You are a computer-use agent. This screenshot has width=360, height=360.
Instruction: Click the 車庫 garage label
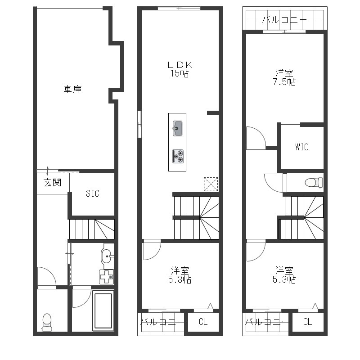pos(72,89)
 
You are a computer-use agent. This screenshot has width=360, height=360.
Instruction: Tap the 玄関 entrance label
pos(53,183)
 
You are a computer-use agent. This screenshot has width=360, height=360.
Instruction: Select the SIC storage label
pos(93,193)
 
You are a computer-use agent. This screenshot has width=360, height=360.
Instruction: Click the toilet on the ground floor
pos(47,322)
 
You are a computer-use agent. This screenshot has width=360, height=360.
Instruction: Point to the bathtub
pos(103,310)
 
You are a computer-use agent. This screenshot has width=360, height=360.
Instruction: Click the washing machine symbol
pos(107,277)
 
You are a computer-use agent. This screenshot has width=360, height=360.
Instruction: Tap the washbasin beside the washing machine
pos(107,256)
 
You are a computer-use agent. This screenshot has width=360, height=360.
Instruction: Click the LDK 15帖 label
pos(180,69)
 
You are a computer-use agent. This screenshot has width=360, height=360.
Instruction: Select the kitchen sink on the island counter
pos(177,128)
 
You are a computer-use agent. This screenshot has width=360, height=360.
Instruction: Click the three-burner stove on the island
pos(178,156)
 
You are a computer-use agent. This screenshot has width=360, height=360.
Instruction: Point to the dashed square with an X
pos(211,184)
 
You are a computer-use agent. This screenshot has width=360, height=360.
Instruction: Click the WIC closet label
pos(302,147)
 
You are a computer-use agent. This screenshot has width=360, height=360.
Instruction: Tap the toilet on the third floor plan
pos(314,183)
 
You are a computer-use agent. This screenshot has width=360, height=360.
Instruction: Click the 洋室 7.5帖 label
pos(284,77)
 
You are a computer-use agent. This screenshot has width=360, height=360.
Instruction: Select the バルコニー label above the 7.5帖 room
pos(285,20)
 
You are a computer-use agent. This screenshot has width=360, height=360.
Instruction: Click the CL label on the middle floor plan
pos(203,322)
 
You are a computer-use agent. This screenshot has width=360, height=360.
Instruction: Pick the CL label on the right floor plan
pos(307,322)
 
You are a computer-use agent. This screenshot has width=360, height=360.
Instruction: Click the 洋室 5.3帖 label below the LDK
pos(180,275)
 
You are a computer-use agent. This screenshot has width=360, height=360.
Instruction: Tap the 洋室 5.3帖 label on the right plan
pos(284,275)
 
